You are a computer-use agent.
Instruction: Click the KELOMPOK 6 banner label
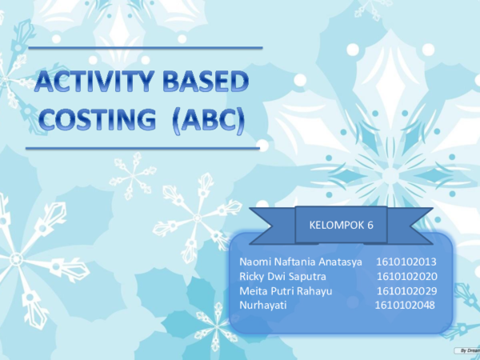click(341, 226)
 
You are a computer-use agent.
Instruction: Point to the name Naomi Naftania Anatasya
click(301, 262)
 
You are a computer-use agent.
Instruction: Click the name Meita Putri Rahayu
click(286, 290)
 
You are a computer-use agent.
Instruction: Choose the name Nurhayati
click(262, 305)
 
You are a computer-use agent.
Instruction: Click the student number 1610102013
click(406, 262)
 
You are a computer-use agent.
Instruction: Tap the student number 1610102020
click(406, 276)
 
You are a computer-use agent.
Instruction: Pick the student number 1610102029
click(406, 290)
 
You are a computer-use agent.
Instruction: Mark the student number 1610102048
click(405, 305)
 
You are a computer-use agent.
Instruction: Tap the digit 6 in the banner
click(370, 226)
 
